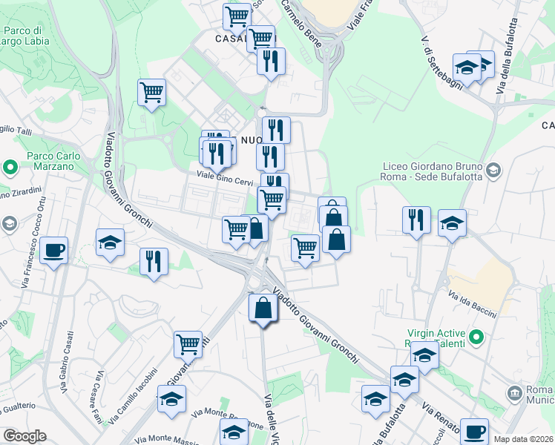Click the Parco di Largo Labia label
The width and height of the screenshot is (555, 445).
point(26,36)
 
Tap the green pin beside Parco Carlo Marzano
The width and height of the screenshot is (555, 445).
point(10,167)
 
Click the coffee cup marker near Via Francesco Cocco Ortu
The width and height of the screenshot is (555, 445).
point(54,250)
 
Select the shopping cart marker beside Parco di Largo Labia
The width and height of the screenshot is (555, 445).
point(151,93)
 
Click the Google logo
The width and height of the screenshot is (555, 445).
point(24,436)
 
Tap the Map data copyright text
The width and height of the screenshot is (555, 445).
point(524,439)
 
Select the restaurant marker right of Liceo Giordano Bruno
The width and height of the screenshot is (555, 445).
point(416,220)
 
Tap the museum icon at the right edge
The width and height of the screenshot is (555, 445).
point(515,392)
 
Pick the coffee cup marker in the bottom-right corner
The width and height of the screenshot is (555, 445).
point(474,431)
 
